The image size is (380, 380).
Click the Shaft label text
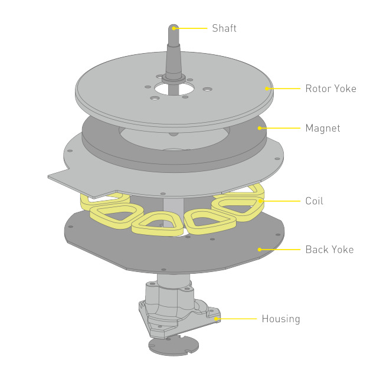[x=224, y=28]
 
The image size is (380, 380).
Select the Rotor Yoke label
[x=330, y=89]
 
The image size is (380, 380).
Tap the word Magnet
[x=322, y=128]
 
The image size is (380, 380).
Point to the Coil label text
[x=315, y=201]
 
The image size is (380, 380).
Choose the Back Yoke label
[x=329, y=250]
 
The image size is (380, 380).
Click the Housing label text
[x=281, y=319]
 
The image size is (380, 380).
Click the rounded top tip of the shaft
[x=174, y=27]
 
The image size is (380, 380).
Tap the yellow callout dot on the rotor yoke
[x=267, y=89]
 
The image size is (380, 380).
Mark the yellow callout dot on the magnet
[x=258, y=128]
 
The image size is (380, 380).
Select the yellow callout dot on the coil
[x=259, y=201]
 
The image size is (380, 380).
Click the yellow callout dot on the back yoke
[x=259, y=250]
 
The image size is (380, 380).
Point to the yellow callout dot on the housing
[x=217, y=319]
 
